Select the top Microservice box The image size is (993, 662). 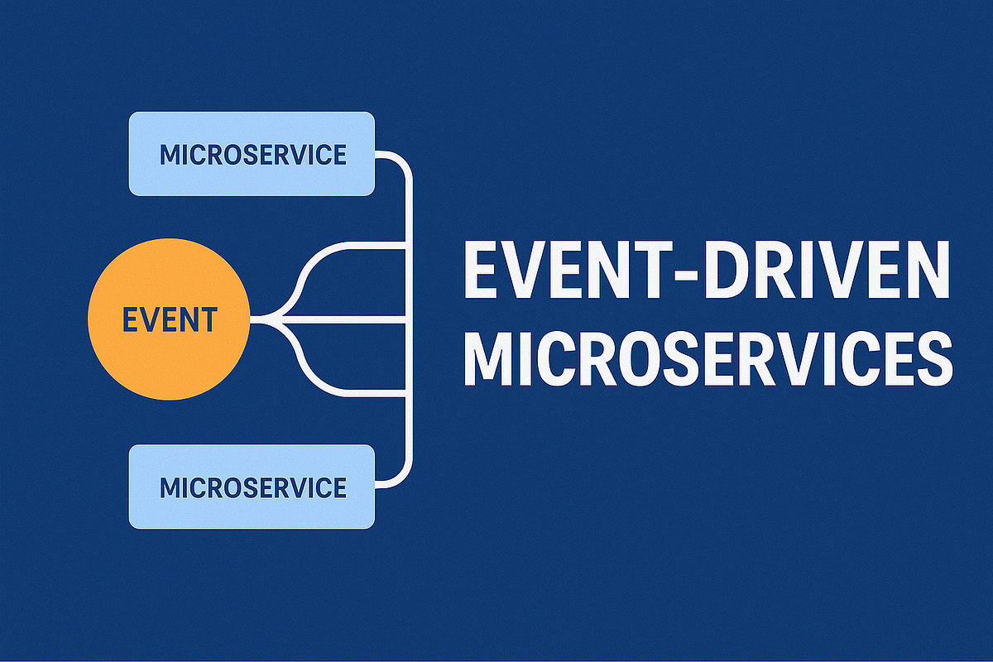[252, 154]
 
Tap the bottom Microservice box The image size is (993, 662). [252, 487]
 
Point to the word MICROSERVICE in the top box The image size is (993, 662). [252, 155]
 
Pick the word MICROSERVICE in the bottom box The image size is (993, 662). [252, 487]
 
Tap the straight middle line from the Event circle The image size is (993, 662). [348, 319]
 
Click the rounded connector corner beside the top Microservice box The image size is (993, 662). [401, 164]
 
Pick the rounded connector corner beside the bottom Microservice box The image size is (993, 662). [401, 474]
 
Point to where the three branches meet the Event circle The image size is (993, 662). [253, 319]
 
